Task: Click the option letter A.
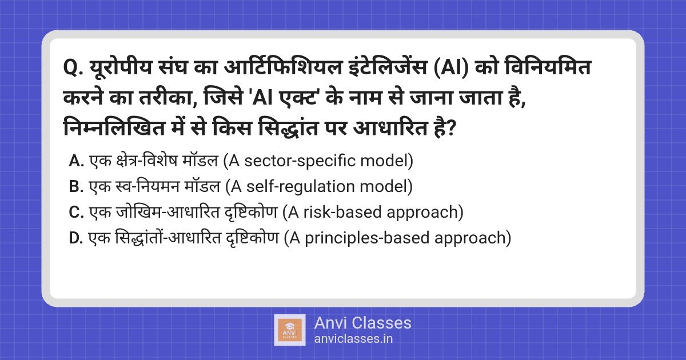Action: point(76,162)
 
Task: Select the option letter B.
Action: point(76,187)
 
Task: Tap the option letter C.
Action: point(76,213)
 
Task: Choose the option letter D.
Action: point(76,238)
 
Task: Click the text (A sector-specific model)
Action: point(318,162)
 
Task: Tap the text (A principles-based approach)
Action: point(397,238)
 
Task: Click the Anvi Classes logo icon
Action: point(290,330)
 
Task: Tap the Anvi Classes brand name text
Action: point(362,323)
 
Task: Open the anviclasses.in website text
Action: point(353,338)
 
